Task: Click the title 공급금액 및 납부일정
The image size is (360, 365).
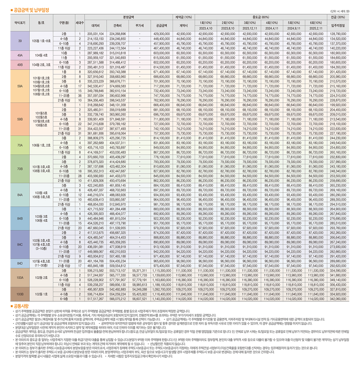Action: pyautogui.click(x=31, y=10)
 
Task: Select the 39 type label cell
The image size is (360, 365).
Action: pyautogui.click(x=20, y=41)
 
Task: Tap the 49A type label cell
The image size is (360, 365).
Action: pyautogui.click(x=20, y=55)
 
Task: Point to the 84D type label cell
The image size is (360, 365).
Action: pyautogui.click(x=20, y=263)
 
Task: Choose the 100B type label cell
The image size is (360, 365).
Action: pyautogui.click(x=20, y=294)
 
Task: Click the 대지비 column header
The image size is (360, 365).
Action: pyautogui.click(x=95, y=26)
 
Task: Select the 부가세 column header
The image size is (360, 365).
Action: pyautogui.click(x=139, y=26)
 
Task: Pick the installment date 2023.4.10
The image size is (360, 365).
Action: pyautogui.click(x=205, y=29)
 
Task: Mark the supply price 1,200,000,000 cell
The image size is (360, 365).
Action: pyautogui.click(x=161, y=299)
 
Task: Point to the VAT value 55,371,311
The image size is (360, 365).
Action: pyautogui.click(x=139, y=271)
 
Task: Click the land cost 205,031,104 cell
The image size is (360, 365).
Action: pyautogui.click(x=95, y=34)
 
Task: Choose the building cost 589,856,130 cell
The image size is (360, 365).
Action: pyautogui.click(x=117, y=285)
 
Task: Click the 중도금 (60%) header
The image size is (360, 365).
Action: pyautogui.click(x=261, y=17)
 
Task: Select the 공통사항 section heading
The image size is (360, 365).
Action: pyautogui.click(x=21, y=306)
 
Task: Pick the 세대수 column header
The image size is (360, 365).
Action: pyautogui.click(x=80, y=23)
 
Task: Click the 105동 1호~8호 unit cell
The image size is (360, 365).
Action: pyautogui.click(x=41, y=41)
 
